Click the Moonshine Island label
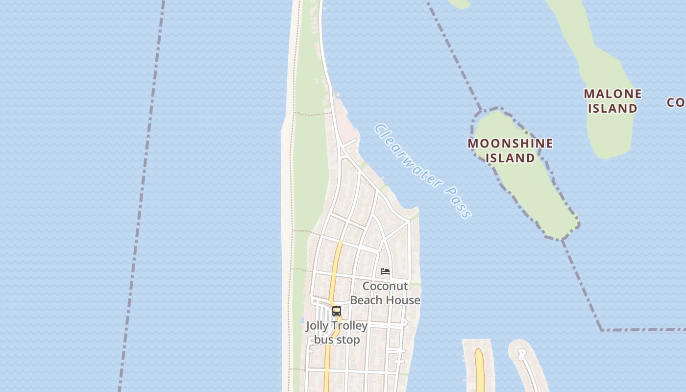(x=510, y=150)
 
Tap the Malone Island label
(x=612, y=101)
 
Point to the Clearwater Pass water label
(x=422, y=170)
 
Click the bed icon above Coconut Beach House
(x=385, y=271)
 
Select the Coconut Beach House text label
(x=385, y=293)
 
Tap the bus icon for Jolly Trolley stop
(x=337, y=311)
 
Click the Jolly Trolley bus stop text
(x=337, y=333)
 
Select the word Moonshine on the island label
(x=510, y=144)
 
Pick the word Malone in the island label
(x=612, y=94)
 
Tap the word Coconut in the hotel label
(x=385, y=286)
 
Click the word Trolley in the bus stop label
(x=349, y=326)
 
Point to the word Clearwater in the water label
(x=407, y=155)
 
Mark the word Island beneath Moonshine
(x=510, y=158)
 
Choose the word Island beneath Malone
(x=612, y=108)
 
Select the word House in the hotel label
(x=404, y=300)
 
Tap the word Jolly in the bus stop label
(x=317, y=326)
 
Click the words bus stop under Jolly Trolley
(x=337, y=340)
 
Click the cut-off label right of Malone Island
(x=677, y=102)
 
